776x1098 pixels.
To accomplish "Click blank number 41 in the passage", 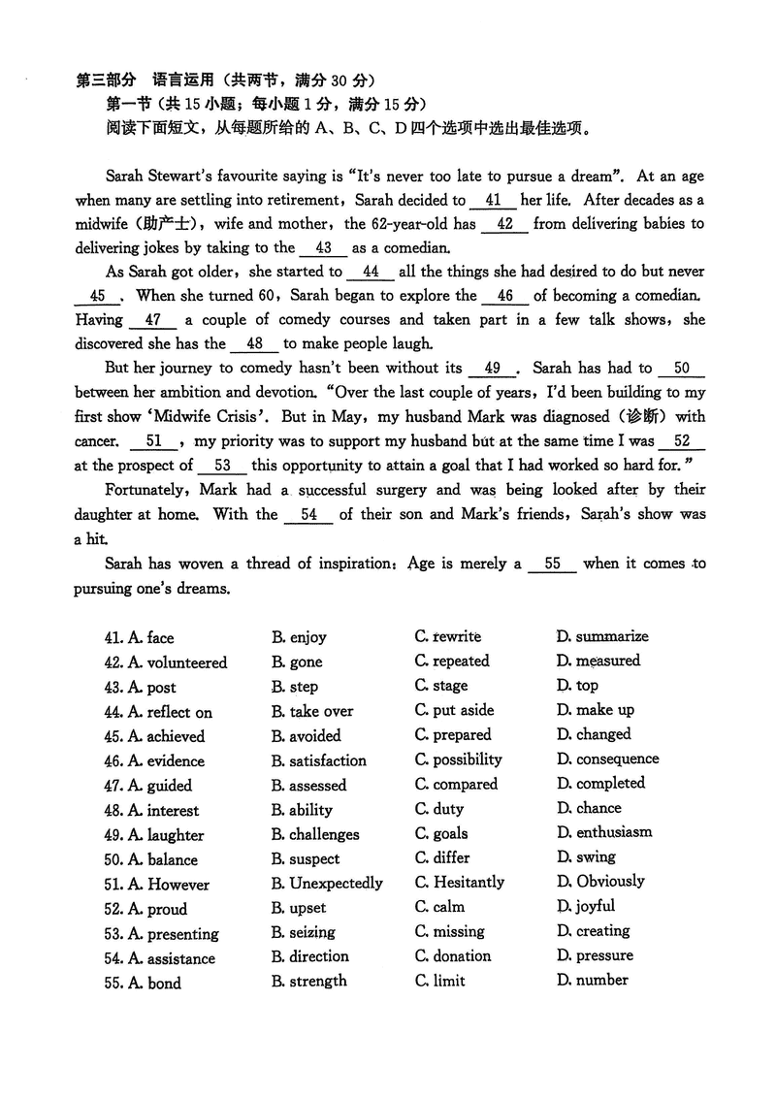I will coord(493,201).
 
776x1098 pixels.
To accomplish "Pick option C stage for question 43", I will coord(441,686).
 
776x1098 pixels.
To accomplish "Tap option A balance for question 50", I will coord(162,859).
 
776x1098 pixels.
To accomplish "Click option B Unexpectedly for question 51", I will coord(327,884).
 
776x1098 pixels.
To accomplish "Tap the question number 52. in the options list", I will coord(113,909).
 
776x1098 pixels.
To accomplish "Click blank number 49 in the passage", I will coord(493,369).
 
